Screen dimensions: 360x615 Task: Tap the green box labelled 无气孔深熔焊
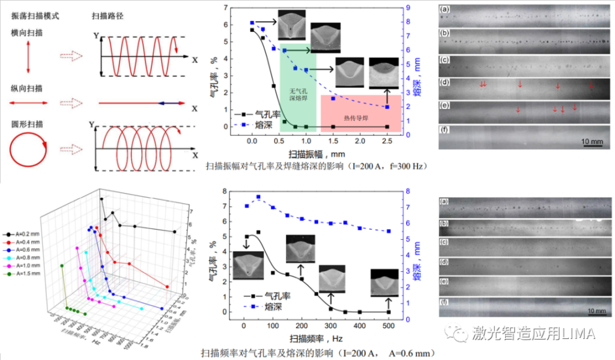pyautogui.click(x=298, y=90)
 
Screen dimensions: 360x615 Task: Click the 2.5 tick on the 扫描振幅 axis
pyautogui.click(x=387, y=140)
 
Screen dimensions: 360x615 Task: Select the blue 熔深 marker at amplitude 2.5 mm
pyautogui.click(x=387, y=107)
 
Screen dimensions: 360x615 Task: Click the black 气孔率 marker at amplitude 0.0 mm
pyautogui.click(x=252, y=29)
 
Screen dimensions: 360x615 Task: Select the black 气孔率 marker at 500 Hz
pyautogui.click(x=389, y=312)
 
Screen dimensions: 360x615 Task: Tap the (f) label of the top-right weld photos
pyautogui.click(x=444, y=129)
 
